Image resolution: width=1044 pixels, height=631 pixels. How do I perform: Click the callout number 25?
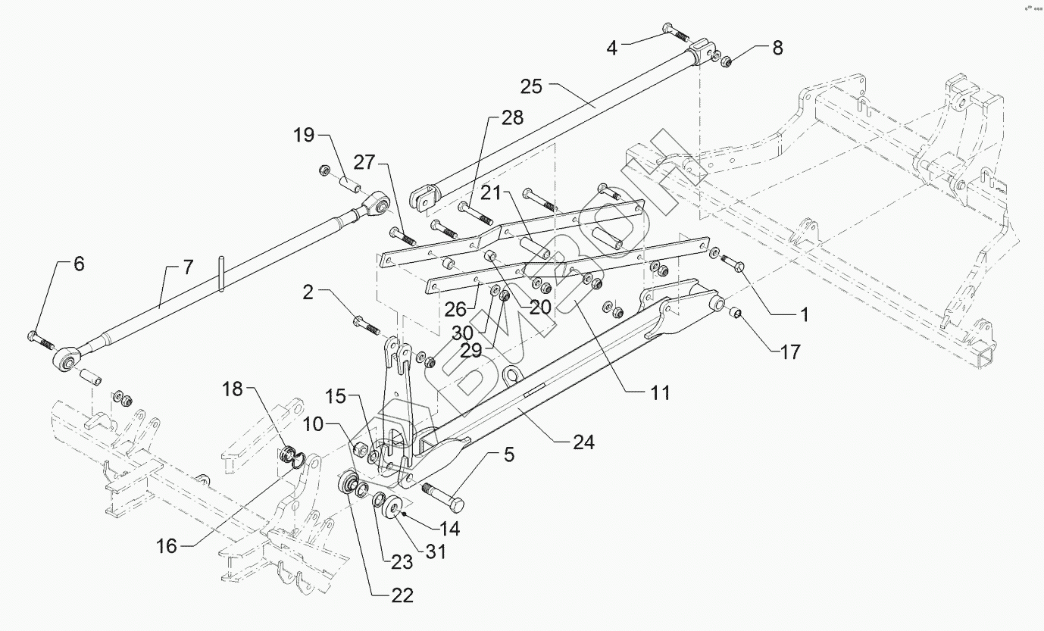[x=532, y=86]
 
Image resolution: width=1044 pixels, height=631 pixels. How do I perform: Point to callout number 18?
[x=233, y=390]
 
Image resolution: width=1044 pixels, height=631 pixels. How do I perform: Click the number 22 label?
[x=403, y=596]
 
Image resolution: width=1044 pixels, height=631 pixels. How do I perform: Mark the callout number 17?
[x=789, y=353]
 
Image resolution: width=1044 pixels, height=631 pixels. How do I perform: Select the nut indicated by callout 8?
[x=724, y=61]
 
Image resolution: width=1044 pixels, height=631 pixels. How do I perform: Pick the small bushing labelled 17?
[x=734, y=313]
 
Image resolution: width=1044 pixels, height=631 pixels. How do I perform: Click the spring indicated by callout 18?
[x=287, y=457]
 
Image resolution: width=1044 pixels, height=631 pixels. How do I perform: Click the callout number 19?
[x=304, y=136]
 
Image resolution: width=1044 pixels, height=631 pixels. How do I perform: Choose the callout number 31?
[x=435, y=553]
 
